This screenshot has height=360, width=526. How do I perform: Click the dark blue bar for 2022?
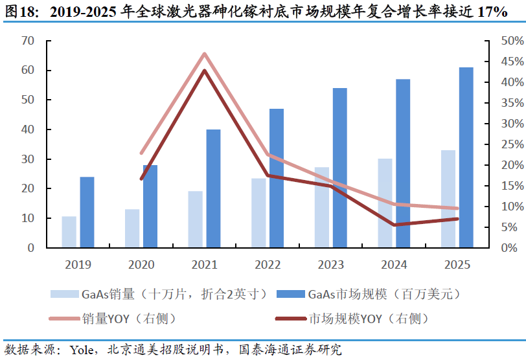pos(277,178)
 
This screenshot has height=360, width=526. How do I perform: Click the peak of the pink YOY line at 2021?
pos(205,54)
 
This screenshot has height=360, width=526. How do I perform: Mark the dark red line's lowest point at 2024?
pos(394,225)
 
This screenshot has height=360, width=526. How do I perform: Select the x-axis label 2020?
pos(141,265)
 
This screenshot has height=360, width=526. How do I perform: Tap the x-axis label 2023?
pos(331,265)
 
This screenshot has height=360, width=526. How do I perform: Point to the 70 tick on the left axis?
pos(27,41)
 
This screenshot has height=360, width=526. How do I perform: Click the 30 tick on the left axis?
pos(27,159)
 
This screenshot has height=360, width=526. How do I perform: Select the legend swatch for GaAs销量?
pos(64,294)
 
